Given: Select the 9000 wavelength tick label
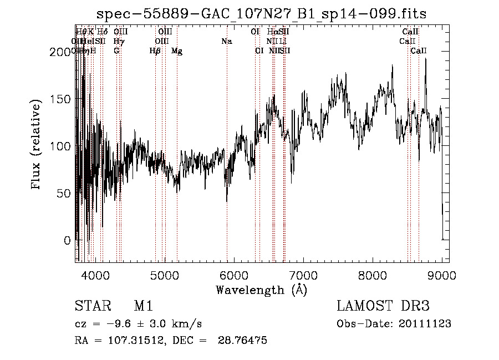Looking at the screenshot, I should coord(442,275).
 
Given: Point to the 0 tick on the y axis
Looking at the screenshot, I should coord(68,241).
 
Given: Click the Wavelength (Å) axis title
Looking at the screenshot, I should coord(261,290).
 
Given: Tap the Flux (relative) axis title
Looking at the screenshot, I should coord(37,146).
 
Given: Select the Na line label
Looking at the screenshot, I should coord(226,41).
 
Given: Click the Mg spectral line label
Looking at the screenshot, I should coord(177,51).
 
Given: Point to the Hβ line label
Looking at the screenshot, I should coord(155,51).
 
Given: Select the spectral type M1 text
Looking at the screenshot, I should coord(143,306).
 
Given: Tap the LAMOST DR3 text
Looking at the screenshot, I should coord(383,306).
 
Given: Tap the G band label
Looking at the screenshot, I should coord(116,51).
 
